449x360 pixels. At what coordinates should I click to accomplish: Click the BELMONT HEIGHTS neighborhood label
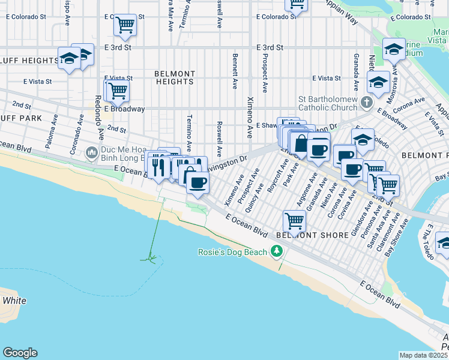[x=174, y=77]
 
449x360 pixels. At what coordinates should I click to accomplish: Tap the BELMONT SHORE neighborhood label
[x=312, y=235]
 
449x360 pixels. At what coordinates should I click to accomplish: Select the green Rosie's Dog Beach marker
[x=277, y=251]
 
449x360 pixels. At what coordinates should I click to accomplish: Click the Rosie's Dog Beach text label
[x=232, y=252]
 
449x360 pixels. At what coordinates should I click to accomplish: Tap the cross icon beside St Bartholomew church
[x=366, y=103]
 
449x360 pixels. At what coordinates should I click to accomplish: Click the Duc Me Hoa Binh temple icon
[x=91, y=152]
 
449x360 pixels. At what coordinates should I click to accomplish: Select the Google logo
[x=20, y=353]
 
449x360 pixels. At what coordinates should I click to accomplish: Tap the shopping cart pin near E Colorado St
[x=125, y=25]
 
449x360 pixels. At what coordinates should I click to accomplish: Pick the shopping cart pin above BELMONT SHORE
[x=294, y=220]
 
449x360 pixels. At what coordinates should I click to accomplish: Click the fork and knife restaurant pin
[x=158, y=164]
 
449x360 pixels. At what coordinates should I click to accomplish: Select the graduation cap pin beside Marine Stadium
[x=393, y=49]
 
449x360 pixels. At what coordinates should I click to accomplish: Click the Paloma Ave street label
[x=50, y=136]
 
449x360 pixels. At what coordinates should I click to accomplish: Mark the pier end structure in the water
[x=149, y=259]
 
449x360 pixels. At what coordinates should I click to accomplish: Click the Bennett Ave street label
[x=234, y=71]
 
